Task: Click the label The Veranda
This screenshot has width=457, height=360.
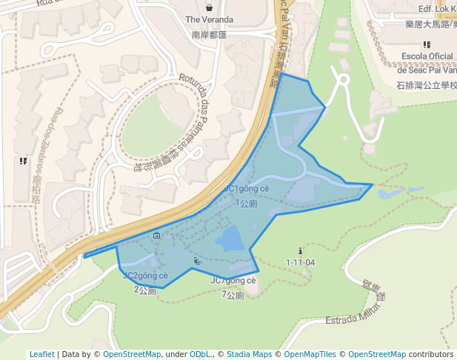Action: (209, 19)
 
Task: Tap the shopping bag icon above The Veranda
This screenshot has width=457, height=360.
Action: (209, 5)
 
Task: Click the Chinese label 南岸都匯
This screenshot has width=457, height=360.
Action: (209, 34)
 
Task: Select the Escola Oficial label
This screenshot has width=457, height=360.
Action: (427, 56)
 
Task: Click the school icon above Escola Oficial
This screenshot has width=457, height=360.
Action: (427, 44)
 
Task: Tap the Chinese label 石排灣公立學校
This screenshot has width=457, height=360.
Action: (427, 85)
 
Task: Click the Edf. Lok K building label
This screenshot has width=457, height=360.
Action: (437, 9)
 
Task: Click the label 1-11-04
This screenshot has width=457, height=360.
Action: (300, 262)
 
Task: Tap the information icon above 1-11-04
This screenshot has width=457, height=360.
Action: (300, 250)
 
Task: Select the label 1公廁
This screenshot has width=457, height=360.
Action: (247, 203)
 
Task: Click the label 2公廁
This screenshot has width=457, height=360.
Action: (145, 290)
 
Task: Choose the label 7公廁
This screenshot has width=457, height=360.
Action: (233, 295)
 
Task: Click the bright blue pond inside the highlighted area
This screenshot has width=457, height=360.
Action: (230, 239)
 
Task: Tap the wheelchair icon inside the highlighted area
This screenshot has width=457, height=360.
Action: (196, 260)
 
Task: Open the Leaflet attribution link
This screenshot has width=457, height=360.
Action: (41, 354)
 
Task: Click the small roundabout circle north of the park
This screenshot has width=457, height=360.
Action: (343, 79)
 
